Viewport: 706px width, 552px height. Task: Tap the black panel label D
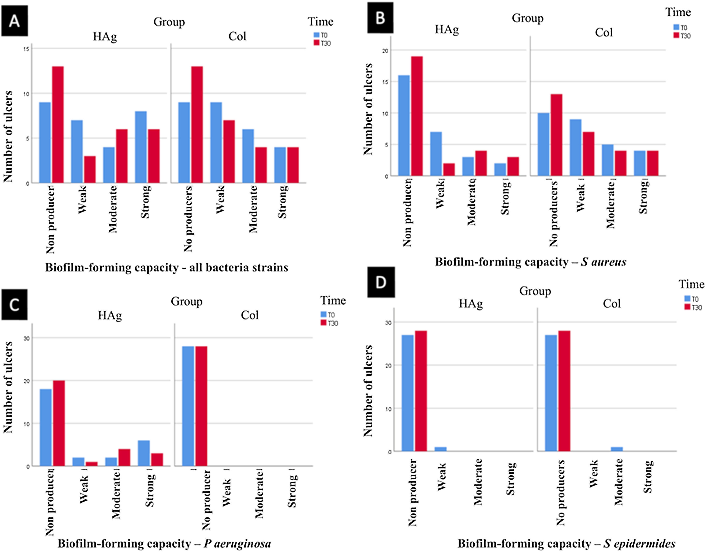point(381,282)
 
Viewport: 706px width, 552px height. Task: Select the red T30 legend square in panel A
point(317,43)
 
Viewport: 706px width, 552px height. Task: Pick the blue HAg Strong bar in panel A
point(141,147)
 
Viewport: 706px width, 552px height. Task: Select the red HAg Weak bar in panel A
point(90,169)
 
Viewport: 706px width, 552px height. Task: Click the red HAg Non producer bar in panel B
point(417,116)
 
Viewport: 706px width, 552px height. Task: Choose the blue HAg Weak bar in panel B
point(436,154)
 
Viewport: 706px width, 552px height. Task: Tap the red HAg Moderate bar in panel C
point(124,457)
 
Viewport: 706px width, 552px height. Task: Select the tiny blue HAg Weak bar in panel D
point(440,449)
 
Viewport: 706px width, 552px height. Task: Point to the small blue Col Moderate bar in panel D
point(617,449)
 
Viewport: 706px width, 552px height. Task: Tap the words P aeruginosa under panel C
point(237,544)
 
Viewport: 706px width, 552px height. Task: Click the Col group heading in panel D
point(612,304)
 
